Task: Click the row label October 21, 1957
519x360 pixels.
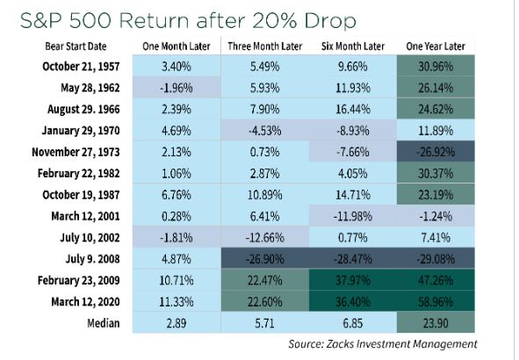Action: [x=81, y=66]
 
